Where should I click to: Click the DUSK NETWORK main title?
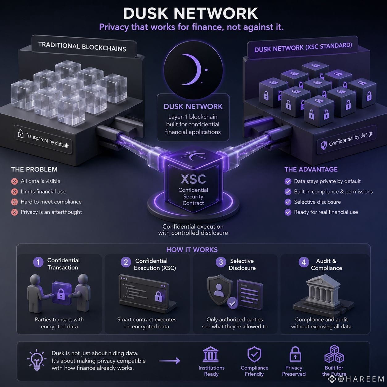(190, 13)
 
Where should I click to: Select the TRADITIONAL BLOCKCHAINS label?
(82, 47)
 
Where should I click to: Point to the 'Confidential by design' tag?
(347, 139)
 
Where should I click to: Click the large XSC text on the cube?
(193, 179)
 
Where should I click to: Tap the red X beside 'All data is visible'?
(15, 181)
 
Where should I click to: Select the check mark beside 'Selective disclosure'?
(288, 202)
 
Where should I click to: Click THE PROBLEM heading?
(34, 169)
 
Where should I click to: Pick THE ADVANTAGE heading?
(311, 169)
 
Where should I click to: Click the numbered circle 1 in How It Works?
(38, 262)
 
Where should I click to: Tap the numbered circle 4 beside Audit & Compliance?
(304, 262)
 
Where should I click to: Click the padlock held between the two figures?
(61, 293)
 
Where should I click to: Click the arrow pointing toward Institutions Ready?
(170, 361)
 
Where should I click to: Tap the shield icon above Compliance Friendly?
(254, 354)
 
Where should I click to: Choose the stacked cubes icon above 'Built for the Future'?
(334, 354)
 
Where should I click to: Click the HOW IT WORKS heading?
(192, 250)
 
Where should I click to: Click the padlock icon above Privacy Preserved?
(295, 354)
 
